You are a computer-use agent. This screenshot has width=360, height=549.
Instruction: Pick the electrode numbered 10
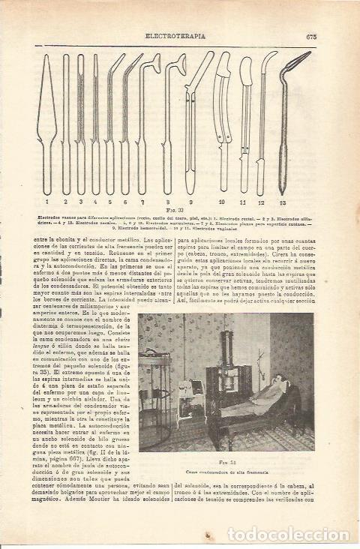pyautogui.click(x=223, y=120)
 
